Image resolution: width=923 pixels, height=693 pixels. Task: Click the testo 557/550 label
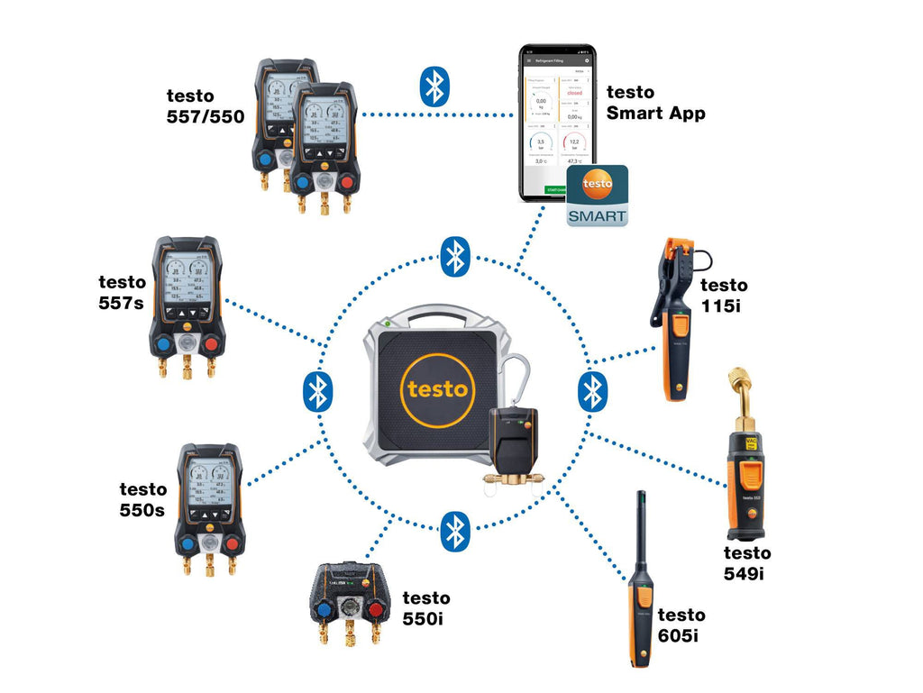click(205, 105)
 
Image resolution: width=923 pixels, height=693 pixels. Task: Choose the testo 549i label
click(747, 562)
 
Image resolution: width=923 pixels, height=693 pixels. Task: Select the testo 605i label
click(681, 625)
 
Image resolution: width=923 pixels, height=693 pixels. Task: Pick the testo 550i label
click(426, 607)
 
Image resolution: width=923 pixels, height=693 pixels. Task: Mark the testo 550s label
click(143, 499)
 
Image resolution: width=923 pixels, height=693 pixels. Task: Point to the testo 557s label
click(121, 292)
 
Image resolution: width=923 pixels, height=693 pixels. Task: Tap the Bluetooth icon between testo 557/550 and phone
click(434, 87)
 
